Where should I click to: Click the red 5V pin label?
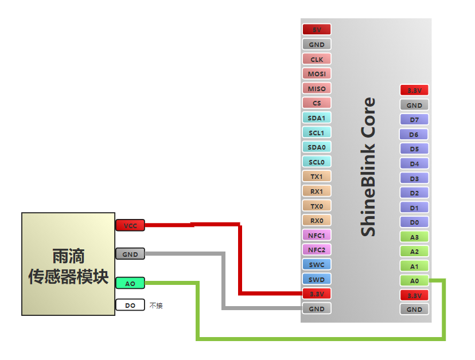tap(317, 29)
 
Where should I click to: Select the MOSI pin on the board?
tap(317, 74)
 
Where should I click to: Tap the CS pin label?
tap(317, 103)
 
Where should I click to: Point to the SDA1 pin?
tap(317, 118)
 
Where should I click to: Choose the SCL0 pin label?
tap(317, 162)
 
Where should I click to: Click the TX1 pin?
tap(317, 177)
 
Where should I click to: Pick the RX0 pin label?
tap(317, 221)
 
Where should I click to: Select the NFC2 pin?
tap(317, 250)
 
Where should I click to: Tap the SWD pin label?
tap(317, 280)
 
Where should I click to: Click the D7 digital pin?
tap(414, 120)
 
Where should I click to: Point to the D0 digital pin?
tap(414, 222)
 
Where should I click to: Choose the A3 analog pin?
tap(414, 237)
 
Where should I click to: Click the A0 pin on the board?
tap(414, 281)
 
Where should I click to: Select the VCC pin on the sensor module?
tap(130, 226)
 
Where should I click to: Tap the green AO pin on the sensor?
tap(130, 283)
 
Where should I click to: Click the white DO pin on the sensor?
tap(130, 306)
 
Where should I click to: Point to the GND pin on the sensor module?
tap(130, 254)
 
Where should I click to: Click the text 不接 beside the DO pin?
tap(156, 306)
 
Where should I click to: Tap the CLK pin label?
tap(317, 59)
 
